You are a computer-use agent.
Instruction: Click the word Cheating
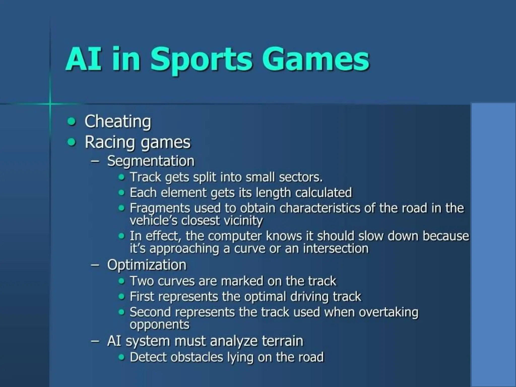click(x=118, y=121)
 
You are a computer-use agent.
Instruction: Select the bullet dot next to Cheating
click(x=72, y=122)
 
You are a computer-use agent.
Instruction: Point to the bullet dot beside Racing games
click(x=72, y=142)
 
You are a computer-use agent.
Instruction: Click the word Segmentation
click(x=151, y=161)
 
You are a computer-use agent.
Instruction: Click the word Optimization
click(x=147, y=265)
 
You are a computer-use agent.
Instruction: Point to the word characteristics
click(x=320, y=208)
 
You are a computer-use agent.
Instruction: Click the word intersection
click(x=336, y=249)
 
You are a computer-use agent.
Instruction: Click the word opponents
click(x=159, y=325)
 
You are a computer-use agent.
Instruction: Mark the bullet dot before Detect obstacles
click(x=122, y=357)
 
